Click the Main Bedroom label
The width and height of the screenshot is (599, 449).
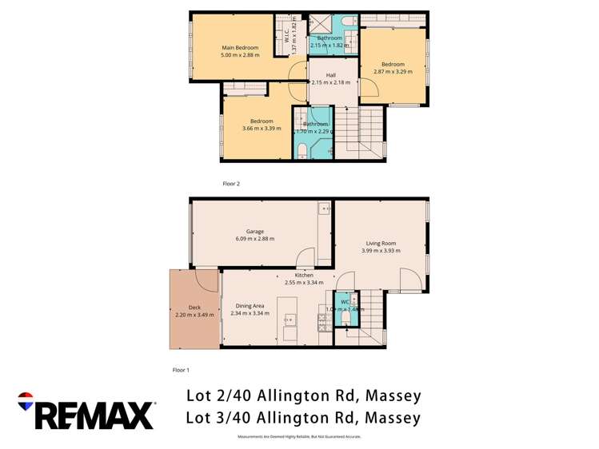pyautogui.click(x=240, y=48)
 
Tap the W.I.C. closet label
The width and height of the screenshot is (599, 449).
pyautogui.click(x=286, y=35)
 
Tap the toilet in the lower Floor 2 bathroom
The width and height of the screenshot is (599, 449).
pyautogui.click(x=301, y=150)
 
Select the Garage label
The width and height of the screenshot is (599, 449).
pyautogui.click(x=255, y=232)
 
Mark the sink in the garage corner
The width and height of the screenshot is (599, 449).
pyautogui.click(x=323, y=210)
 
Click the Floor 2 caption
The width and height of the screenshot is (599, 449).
pyautogui.click(x=231, y=184)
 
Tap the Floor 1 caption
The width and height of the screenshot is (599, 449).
pyautogui.click(x=181, y=370)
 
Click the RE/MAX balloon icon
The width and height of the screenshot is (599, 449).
pyautogui.click(x=25, y=399)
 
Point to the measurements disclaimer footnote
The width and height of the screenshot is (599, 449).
pyautogui.click(x=299, y=437)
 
